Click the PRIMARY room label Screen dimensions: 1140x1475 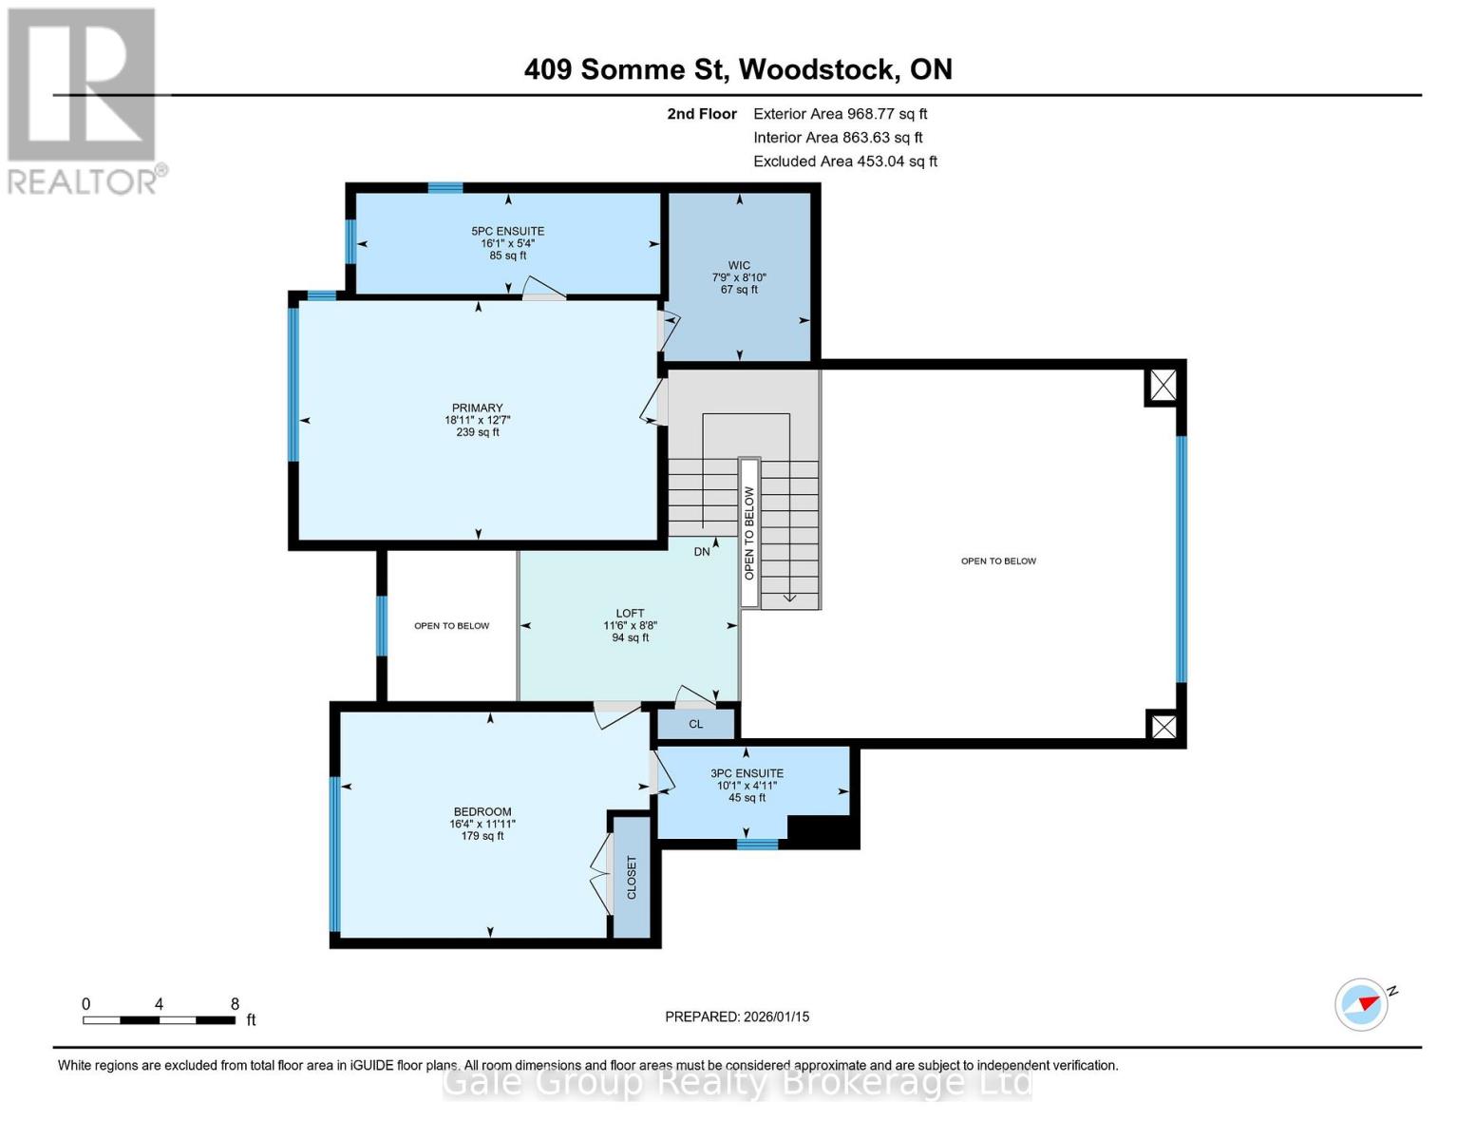click(477, 408)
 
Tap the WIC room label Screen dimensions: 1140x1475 click(739, 266)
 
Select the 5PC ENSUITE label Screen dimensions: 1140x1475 click(507, 231)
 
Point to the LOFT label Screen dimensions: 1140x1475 click(630, 614)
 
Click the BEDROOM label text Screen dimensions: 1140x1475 click(482, 812)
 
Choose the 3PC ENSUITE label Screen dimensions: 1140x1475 click(747, 773)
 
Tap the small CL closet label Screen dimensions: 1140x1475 click(696, 724)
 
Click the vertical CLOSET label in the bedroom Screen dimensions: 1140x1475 click(632, 877)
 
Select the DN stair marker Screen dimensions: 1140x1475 click(702, 552)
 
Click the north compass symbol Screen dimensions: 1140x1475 click(1362, 1003)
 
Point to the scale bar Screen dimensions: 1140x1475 click(159, 1020)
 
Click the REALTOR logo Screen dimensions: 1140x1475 click(84, 100)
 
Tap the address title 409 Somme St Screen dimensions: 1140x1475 click(738, 69)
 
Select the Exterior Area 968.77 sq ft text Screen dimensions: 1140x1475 click(840, 114)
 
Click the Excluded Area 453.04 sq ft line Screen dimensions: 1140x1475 click(844, 161)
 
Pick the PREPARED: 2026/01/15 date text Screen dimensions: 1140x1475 click(737, 1016)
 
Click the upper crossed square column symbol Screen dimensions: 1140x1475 click(1163, 386)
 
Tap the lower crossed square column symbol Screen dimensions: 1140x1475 click(1163, 727)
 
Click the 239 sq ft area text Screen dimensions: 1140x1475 click(477, 432)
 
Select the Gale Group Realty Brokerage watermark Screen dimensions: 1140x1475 click(737, 1082)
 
